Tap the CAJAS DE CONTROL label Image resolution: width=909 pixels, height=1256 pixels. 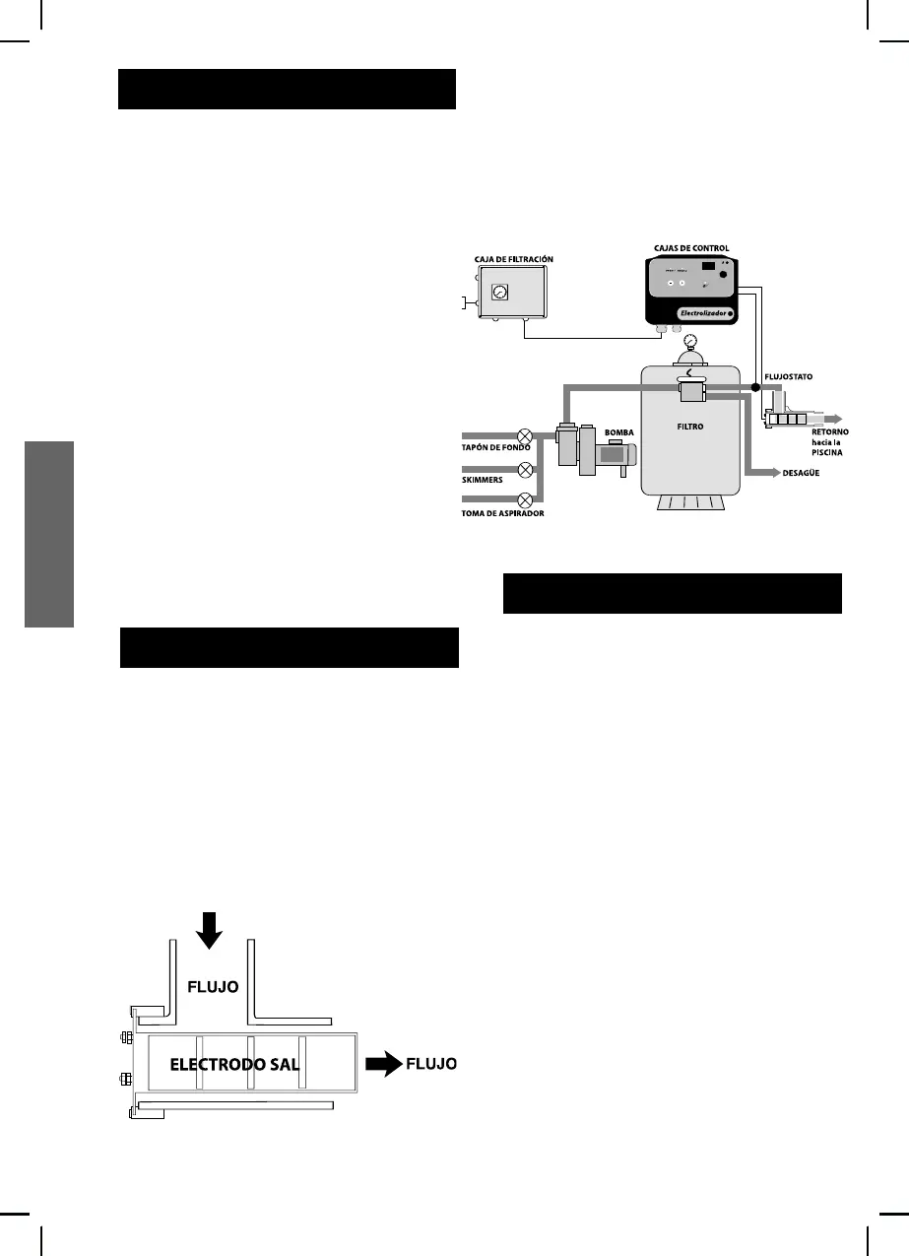pos(691,248)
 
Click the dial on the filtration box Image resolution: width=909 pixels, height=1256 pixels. pos(499,293)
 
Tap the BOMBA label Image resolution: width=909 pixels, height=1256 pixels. pos(619,432)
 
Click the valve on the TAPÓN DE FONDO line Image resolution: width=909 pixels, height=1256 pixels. pos(526,433)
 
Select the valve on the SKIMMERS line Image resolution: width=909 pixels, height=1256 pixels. pos(526,469)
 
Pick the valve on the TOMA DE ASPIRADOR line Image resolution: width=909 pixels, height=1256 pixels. pos(526,499)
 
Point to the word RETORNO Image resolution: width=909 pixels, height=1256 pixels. pos(825,432)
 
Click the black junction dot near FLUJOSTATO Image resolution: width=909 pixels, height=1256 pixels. pos(755,386)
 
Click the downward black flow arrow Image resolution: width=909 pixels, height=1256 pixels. pos(208,928)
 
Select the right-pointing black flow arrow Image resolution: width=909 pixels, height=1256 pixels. pos(383,1063)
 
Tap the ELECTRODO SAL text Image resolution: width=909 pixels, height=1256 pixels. pos(234,1064)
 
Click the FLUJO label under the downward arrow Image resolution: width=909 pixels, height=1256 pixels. pos(213,985)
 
